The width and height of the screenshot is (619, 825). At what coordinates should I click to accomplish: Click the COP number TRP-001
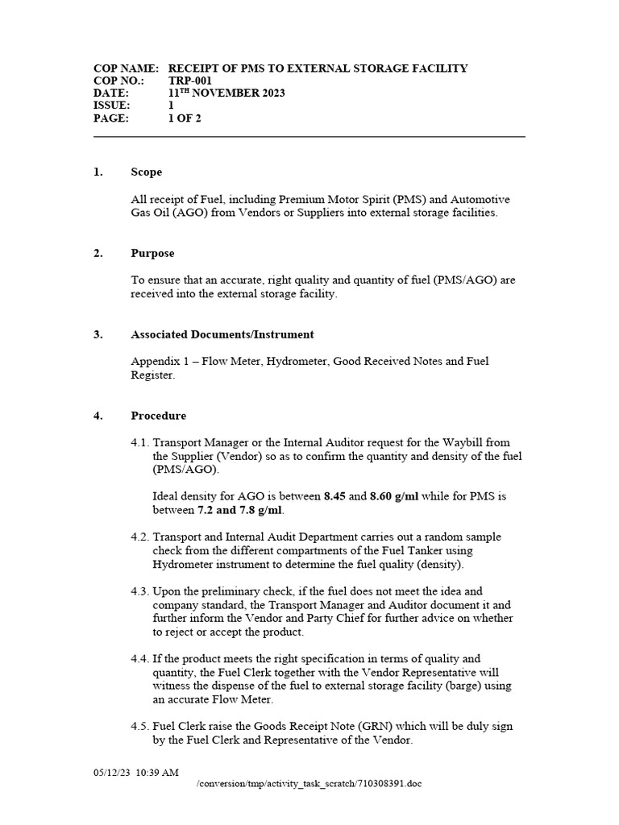[x=191, y=81]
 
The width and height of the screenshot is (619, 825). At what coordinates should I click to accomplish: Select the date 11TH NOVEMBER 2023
[x=226, y=93]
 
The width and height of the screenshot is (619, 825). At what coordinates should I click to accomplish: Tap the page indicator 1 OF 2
[x=185, y=118]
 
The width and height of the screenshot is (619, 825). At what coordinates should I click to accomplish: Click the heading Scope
[x=146, y=172]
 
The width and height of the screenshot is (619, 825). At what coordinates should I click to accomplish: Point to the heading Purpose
[x=152, y=253]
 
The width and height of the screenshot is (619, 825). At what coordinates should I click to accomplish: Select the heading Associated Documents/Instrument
[x=222, y=334]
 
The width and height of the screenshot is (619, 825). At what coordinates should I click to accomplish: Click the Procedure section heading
[x=158, y=416]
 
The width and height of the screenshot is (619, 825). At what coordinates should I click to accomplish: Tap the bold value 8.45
[x=334, y=496]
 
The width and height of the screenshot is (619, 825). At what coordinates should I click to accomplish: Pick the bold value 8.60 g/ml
[x=394, y=496]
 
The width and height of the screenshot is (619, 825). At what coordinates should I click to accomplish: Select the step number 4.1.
[x=140, y=442]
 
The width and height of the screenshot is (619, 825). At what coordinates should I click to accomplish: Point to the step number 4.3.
[x=140, y=591]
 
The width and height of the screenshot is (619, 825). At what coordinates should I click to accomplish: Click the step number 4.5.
[x=140, y=726]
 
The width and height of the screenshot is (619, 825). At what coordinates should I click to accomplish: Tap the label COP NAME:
[x=126, y=68]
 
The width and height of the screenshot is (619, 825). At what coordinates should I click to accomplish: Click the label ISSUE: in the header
[x=112, y=106]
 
